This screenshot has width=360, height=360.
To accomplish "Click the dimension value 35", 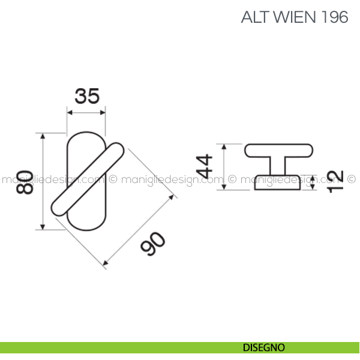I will pos(86,96).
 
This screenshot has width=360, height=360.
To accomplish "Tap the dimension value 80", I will pos(25,182).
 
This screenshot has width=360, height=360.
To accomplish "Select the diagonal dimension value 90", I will pos(154,244).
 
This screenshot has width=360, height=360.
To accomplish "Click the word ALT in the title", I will pos(254,17).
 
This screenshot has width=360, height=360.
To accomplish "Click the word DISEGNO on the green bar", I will pos(264,347).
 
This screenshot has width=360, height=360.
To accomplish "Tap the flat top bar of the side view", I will pos(279,150).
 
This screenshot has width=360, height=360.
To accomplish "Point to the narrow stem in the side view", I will pos(278,165).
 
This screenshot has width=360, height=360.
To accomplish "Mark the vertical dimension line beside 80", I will pos(43,182).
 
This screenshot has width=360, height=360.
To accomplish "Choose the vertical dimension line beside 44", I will pos(223,167).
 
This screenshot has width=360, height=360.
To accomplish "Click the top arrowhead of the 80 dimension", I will pos(43,137).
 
